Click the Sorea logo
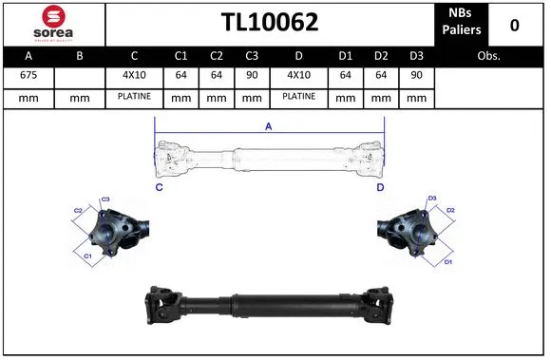click(52, 23)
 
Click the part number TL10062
click(270, 23)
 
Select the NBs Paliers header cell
click(462, 23)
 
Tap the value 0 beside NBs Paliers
click(514, 25)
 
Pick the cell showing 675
click(28, 75)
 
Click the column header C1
click(182, 56)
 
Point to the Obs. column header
click(489, 56)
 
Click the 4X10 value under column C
click(135, 75)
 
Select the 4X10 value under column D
click(299, 75)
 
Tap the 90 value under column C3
click(251, 75)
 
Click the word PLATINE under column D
click(299, 97)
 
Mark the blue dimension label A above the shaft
click(268, 125)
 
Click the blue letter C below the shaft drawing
click(158, 188)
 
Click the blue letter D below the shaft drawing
click(380, 188)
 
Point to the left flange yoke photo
click(112, 230)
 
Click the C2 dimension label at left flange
click(78, 210)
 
